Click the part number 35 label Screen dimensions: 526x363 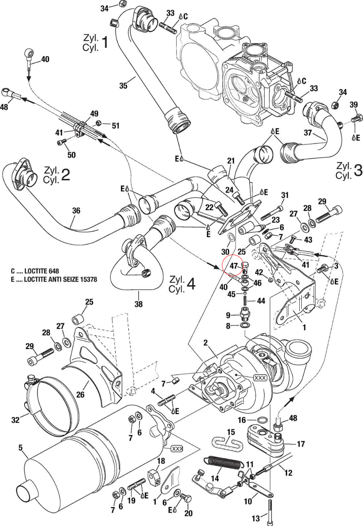point(123,85)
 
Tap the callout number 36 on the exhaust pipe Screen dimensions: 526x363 point(76,210)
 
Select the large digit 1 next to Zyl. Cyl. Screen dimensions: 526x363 point(104,42)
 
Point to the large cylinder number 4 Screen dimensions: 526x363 point(191,284)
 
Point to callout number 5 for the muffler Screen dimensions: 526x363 point(21,447)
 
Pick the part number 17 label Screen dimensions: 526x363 point(300,444)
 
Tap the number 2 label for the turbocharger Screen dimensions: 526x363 point(205,343)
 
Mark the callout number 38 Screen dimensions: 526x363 point(138,304)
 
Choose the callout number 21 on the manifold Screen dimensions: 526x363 point(230,161)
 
